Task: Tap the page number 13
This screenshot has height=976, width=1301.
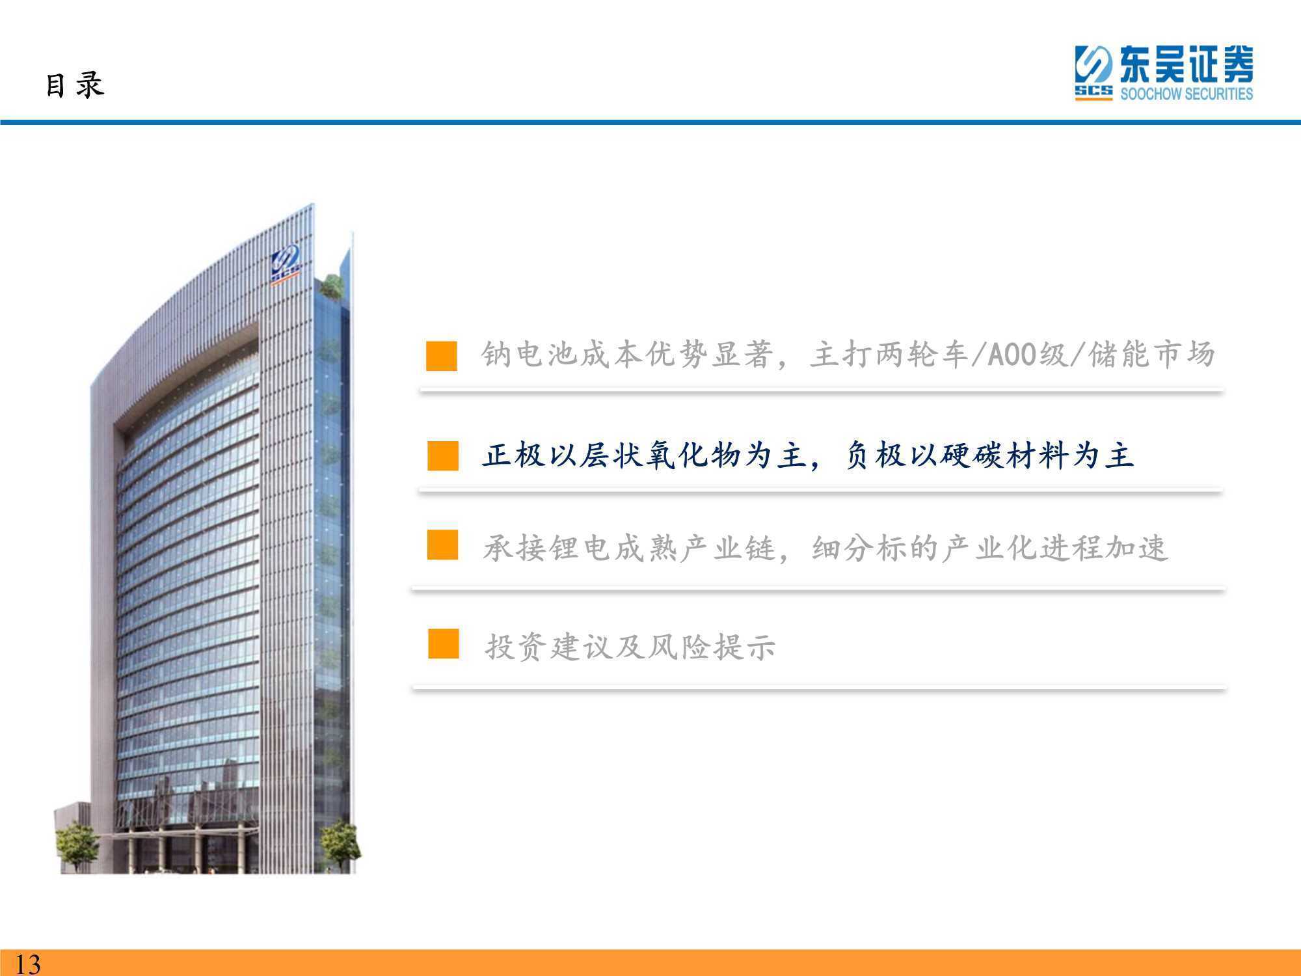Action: pos(27,963)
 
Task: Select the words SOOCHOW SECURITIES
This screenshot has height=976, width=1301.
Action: pos(1186,94)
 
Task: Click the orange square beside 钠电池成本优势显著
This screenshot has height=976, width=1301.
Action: pos(442,355)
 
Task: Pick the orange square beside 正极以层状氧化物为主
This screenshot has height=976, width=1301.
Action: pos(443,455)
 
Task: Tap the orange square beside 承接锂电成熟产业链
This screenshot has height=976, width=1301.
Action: pos(442,545)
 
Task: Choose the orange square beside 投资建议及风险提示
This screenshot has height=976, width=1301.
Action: pos(443,643)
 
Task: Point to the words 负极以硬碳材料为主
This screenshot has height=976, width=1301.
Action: pos(989,455)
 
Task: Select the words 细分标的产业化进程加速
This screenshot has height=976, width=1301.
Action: pos(990,548)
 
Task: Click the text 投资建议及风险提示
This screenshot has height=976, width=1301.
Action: pos(630,647)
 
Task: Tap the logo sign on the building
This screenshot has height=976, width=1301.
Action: pos(286,264)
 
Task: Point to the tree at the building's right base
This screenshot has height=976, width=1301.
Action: pos(340,845)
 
